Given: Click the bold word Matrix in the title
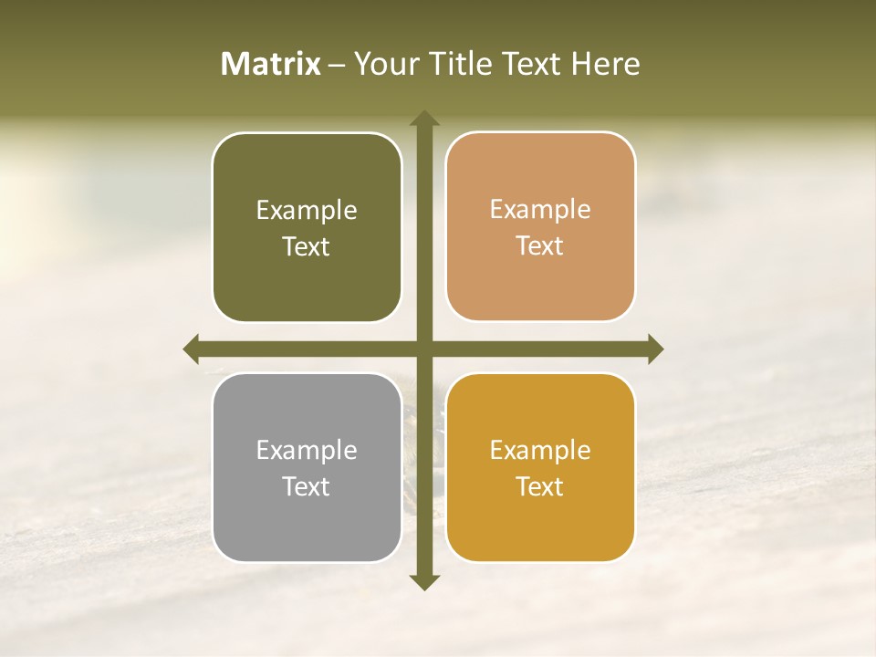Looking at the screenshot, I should (x=271, y=64).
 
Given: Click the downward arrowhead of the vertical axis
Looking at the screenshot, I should (x=423, y=581).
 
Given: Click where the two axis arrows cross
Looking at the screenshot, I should (x=423, y=349).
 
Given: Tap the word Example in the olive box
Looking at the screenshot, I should (x=307, y=211).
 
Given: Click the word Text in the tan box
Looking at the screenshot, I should (x=540, y=246).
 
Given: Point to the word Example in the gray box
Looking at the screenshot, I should (x=307, y=451).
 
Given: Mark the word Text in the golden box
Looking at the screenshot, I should (x=540, y=487).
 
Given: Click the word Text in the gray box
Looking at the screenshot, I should (x=307, y=487).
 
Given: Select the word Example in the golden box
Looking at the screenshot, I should (x=540, y=451).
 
